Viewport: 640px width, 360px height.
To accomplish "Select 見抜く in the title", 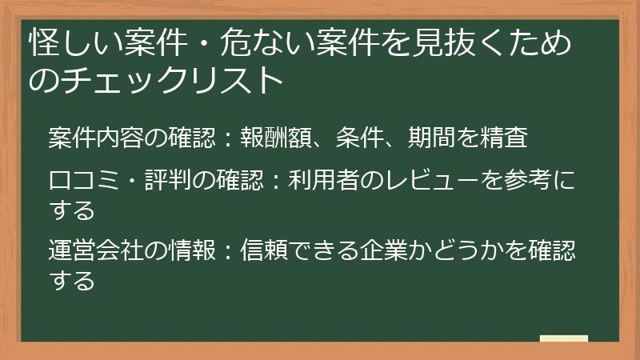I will [437, 42].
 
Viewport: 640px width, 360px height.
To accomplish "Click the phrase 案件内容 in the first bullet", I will [96, 138].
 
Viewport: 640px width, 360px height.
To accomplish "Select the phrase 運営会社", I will [96, 252].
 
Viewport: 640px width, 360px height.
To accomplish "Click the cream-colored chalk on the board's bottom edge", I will [563, 339].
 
